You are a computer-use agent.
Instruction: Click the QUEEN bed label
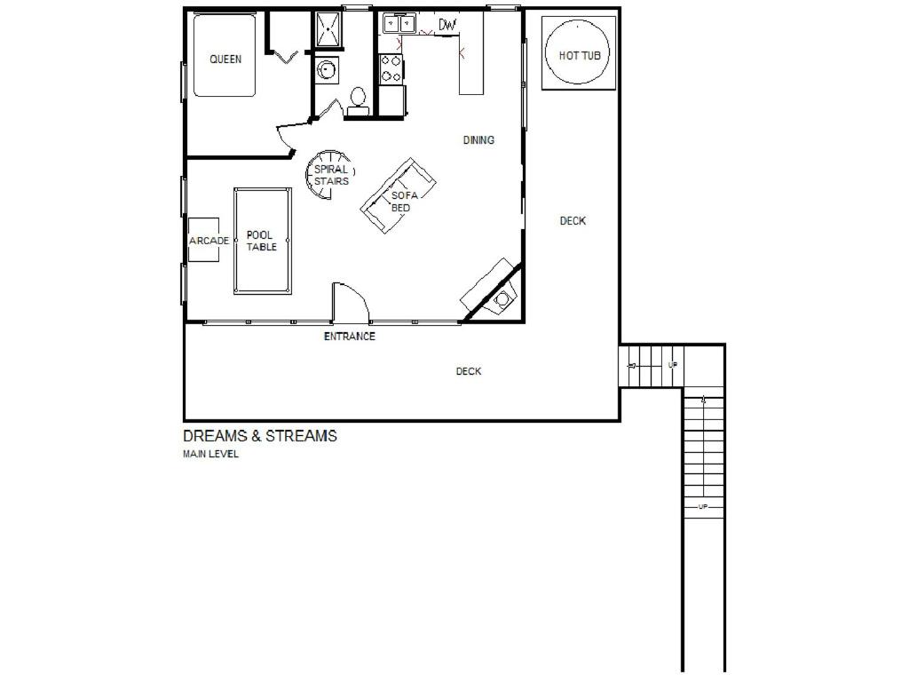click(x=225, y=59)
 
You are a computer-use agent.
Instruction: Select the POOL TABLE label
click(x=262, y=241)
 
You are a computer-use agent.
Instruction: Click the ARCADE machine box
click(x=203, y=240)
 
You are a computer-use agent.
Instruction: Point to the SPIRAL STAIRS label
click(x=331, y=175)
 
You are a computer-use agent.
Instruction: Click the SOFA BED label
click(x=404, y=202)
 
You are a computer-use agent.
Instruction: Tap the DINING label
click(x=478, y=139)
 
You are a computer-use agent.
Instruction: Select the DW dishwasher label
click(x=447, y=25)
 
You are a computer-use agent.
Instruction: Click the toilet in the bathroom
click(x=358, y=102)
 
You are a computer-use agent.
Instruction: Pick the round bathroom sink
click(x=328, y=71)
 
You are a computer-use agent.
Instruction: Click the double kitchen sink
click(x=400, y=24)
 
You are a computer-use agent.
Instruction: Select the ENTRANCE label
click(x=350, y=337)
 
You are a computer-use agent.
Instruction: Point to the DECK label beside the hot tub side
click(x=573, y=221)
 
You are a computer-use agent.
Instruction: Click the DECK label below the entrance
click(x=469, y=371)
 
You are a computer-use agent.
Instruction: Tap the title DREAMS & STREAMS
click(x=260, y=436)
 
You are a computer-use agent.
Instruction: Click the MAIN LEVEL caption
click(x=210, y=454)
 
